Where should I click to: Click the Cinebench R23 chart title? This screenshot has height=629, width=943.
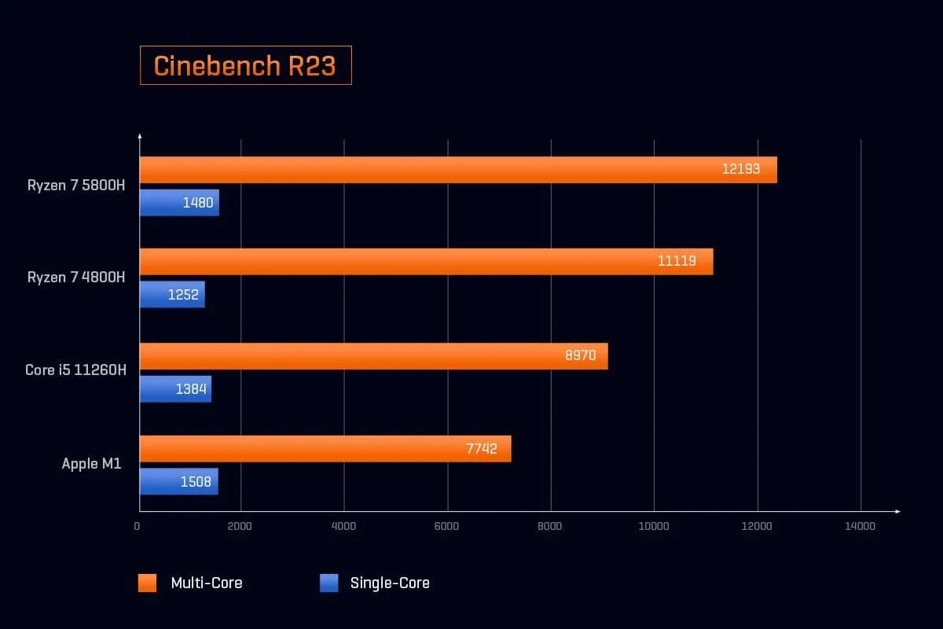pos(245,66)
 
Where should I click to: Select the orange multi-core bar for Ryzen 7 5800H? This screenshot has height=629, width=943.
pos(458,170)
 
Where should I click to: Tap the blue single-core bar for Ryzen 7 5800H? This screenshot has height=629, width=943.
pos(179,203)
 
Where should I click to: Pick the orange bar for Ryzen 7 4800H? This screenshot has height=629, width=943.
pos(426,261)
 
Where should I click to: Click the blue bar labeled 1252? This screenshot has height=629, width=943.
pos(172,295)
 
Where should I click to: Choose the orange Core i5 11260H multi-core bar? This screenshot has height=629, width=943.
pos(373,356)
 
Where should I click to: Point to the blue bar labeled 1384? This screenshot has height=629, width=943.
pos(175,389)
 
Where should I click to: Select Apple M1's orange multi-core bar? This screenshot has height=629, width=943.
pos(325,448)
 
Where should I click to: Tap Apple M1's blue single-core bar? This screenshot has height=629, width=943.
pos(178,482)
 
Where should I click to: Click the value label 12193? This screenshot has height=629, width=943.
pos(741,169)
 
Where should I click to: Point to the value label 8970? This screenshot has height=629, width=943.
pos(581,355)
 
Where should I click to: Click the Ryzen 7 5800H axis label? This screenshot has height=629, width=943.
pos(76,186)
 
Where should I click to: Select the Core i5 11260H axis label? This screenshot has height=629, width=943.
pos(75,370)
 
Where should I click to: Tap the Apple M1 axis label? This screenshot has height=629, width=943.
pos(92,464)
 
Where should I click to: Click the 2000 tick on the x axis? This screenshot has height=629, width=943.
pos(240,527)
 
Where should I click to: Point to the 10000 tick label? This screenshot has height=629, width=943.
pos(654,527)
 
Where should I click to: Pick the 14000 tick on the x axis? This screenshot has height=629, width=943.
pos(860,527)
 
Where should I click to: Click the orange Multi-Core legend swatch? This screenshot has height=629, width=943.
pos(149,583)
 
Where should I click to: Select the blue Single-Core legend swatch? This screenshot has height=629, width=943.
pos(328,583)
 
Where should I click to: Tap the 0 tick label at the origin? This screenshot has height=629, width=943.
pos(138,527)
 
